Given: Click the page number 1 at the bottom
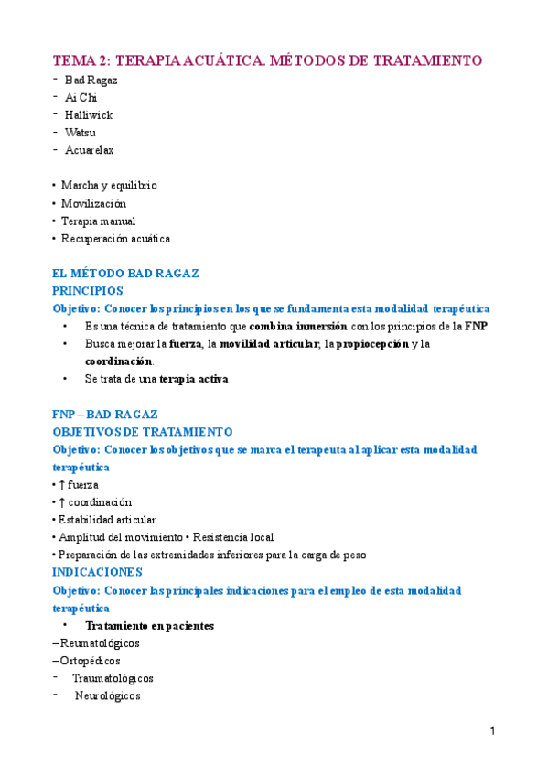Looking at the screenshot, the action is [x=491, y=731].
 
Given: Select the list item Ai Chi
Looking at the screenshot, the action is [x=81, y=97].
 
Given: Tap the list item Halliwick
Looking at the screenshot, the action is [x=89, y=114].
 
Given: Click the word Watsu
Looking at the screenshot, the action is [x=81, y=133].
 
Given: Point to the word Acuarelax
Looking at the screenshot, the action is [x=89, y=150].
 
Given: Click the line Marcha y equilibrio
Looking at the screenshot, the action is [x=109, y=186].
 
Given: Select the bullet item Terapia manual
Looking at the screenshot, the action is [x=98, y=221].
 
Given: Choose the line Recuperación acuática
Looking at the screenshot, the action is [x=115, y=239].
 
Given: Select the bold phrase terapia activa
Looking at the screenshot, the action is [x=194, y=379].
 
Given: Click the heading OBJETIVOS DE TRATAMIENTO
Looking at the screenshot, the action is [x=143, y=432].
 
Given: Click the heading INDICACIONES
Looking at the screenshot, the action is [x=97, y=572].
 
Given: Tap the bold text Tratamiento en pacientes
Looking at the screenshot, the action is [x=149, y=626].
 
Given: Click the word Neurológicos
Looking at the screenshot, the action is [x=108, y=695].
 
